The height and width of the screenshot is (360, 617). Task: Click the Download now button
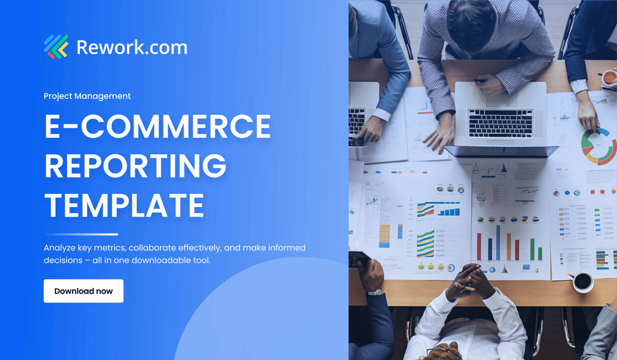(83, 291)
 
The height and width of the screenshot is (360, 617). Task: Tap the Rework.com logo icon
(56, 46)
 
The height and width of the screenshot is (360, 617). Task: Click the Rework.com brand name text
(132, 47)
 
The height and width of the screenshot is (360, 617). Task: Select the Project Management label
(87, 96)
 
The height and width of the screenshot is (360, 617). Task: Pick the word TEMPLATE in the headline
(124, 204)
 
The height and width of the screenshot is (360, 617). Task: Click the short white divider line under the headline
(81, 235)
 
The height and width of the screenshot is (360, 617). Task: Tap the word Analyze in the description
(60, 248)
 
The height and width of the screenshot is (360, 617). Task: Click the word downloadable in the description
(163, 260)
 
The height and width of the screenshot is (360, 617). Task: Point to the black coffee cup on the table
(582, 281)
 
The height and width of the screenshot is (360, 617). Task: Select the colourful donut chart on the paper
(599, 146)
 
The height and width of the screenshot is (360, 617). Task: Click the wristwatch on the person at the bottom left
(375, 292)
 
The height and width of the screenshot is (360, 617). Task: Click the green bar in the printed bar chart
(532, 249)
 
